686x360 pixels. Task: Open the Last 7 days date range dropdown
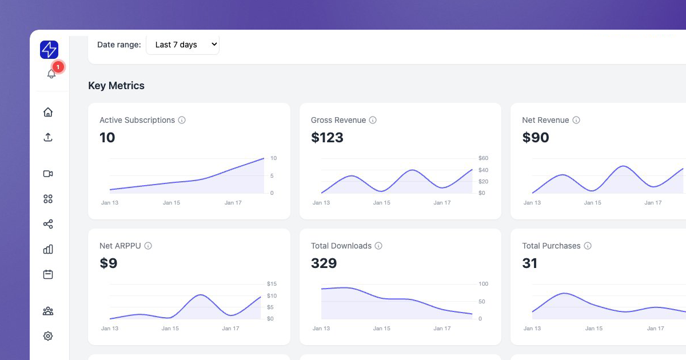pyautogui.click(x=182, y=45)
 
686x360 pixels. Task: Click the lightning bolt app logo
pyautogui.click(x=49, y=50)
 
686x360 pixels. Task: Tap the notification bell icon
pyautogui.click(x=51, y=74)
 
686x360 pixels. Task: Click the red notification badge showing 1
pyautogui.click(x=58, y=67)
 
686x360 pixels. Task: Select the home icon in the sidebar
pyautogui.click(x=48, y=112)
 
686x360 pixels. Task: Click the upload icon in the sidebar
pyautogui.click(x=48, y=137)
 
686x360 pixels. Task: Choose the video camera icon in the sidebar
pyautogui.click(x=48, y=174)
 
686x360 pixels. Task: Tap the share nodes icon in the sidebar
pyautogui.click(x=48, y=224)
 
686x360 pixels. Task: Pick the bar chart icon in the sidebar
pyautogui.click(x=48, y=249)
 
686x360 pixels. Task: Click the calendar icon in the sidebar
pyautogui.click(x=48, y=274)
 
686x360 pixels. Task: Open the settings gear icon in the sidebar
pyautogui.click(x=48, y=336)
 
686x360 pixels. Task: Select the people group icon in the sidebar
pyautogui.click(x=48, y=311)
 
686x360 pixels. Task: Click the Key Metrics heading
pyautogui.click(x=116, y=86)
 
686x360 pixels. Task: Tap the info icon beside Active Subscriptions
pyautogui.click(x=182, y=120)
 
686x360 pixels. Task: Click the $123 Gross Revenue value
pyautogui.click(x=327, y=137)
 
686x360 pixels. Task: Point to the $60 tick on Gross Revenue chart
pyautogui.click(x=483, y=158)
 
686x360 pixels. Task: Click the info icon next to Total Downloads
pyautogui.click(x=378, y=246)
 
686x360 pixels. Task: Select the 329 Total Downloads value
pyautogui.click(x=324, y=263)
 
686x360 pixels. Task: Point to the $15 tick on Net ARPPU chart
pyautogui.click(x=272, y=284)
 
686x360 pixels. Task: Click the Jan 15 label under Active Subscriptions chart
pyautogui.click(x=171, y=203)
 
